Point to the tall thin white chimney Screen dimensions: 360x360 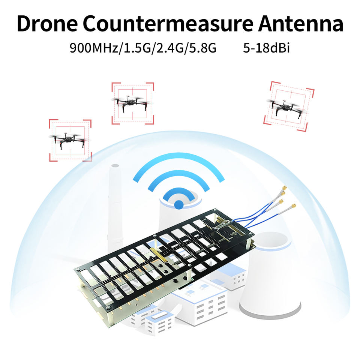(x=115, y=202)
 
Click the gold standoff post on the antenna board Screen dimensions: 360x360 (x=158, y=255)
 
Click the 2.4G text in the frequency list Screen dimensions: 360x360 (x=171, y=48)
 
